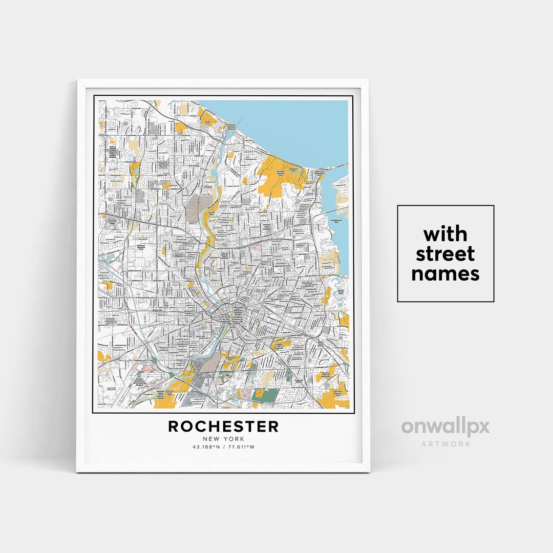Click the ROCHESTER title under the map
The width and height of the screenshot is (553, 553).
223,426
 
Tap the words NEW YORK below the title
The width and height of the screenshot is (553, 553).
223,439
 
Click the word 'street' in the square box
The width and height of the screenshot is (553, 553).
445,254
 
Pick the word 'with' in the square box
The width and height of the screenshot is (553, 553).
445,235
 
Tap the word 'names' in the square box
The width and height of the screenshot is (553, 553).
445,273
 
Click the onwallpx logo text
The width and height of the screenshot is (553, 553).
445,427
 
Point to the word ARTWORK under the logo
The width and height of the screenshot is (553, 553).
445,444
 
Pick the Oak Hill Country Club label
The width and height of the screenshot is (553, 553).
337,394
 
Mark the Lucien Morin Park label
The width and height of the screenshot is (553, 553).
341,292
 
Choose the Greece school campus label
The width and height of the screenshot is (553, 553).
112,151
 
